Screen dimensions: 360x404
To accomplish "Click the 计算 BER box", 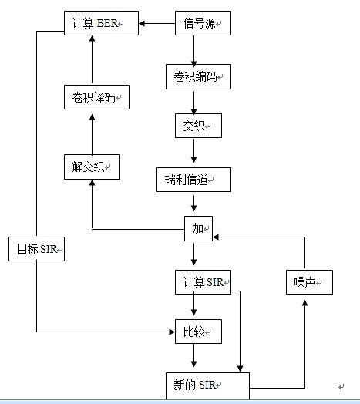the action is pyautogui.click(x=101, y=23).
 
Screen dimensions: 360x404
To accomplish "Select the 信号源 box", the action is pyautogui.click(x=203, y=23).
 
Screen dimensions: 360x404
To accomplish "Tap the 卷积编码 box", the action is pyautogui.click(x=198, y=77).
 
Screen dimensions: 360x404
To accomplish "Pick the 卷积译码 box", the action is pyautogui.click(x=96, y=97).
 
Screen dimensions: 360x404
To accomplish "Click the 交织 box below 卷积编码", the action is pyautogui.click(x=198, y=126).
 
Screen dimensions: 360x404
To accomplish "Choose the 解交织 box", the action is pyautogui.click(x=92, y=167).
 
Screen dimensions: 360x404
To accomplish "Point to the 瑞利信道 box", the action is pyautogui.click(x=193, y=180).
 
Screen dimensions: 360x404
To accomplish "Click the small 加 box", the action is pyautogui.click(x=198, y=228).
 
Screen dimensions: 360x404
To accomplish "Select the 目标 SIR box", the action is pyautogui.click(x=36, y=249).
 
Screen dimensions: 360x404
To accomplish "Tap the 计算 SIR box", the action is pyautogui.click(x=203, y=282).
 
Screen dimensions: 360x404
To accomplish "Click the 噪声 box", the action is pyautogui.click(x=309, y=282).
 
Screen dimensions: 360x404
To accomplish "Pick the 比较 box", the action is pyautogui.click(x=198, y=332).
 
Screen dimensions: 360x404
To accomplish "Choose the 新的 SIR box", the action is pyautogui.click(x=207, y=385).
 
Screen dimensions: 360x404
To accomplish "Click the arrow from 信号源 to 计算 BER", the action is pyautogui.click(x=157, y=23).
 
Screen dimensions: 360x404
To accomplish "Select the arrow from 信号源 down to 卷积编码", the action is pyautogui.click(x=194, y=52).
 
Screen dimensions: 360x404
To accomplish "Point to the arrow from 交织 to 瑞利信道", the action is pyautogui.click(x=194, y=151).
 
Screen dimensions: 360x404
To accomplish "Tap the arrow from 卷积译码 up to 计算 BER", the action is pyautogui.click(x=93, y=59).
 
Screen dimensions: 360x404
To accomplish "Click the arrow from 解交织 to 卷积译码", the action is pyautogui.click(x=93, y=134).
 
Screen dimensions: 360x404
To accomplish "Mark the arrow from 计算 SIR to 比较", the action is pyautogui.click(x=194, y=305).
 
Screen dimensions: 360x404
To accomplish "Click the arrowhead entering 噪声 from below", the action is pyautogui.click(x=304, y=303).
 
